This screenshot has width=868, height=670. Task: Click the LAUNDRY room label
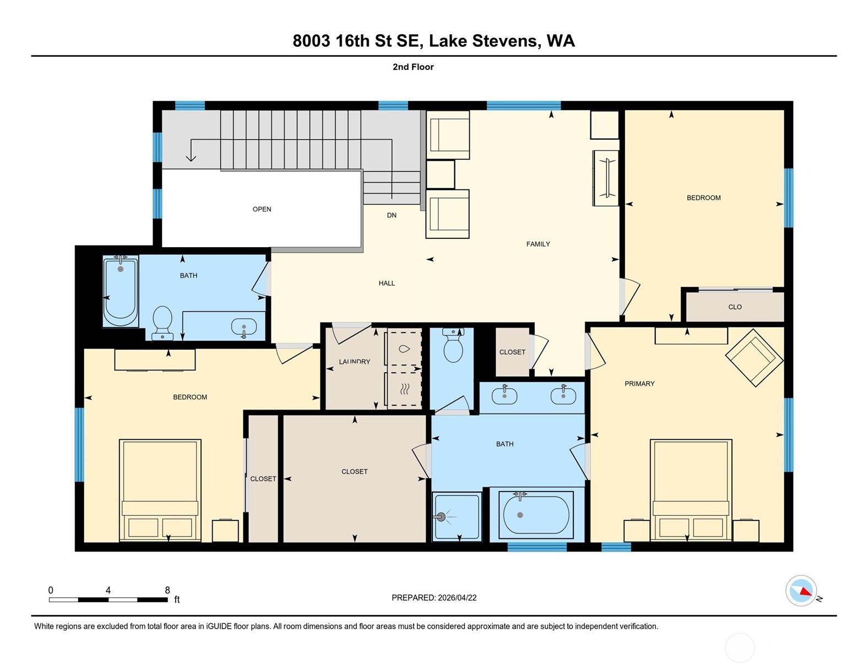click(354, 362)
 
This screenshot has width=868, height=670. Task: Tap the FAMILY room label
click(538, 244)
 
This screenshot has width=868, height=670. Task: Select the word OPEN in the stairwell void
click(262, 209)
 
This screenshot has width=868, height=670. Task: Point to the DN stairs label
click(392, 215)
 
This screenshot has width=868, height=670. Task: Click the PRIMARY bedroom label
click(639, 384)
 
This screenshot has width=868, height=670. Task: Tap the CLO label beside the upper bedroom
click(735, 307)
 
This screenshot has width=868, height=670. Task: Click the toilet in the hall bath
click(162, 323)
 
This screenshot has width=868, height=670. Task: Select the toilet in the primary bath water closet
click(453, 345)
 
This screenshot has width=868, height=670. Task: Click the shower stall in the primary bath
click(457, 516)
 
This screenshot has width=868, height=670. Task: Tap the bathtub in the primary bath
click(531, 515)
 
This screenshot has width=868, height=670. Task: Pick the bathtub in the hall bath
click(121, 291)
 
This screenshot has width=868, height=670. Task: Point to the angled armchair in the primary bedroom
click(754, 358)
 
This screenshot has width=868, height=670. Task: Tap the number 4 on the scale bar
click(108, 590)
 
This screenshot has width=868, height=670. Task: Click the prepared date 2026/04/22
click(457, 598)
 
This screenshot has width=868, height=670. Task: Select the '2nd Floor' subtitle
click(413, 67)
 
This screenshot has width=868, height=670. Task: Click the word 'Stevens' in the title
click(505, 41)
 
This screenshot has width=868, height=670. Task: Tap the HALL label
click(387, 284)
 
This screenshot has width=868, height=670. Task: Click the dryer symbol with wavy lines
click(405, 389)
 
